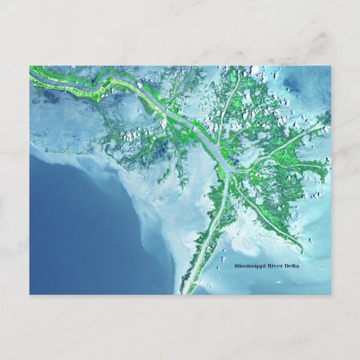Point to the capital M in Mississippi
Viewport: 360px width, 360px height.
(x=236, y=266)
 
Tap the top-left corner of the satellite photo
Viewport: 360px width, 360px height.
(x=30, y=67)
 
